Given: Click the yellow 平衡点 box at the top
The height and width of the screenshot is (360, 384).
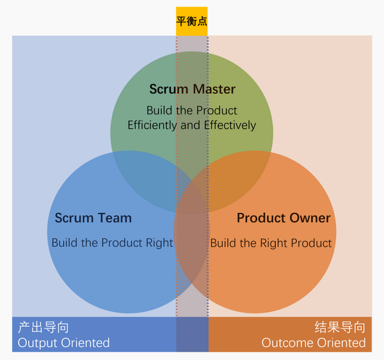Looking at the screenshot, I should (192, 21).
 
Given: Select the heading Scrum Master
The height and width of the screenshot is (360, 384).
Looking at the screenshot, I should (192, 90).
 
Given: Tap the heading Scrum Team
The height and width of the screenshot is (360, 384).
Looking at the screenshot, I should (93, 218).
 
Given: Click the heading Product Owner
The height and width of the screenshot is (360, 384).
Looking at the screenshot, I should (284, 218).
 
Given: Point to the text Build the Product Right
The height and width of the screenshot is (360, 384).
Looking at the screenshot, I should (112, 243).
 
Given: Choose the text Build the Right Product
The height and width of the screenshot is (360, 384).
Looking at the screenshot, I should (271, 243).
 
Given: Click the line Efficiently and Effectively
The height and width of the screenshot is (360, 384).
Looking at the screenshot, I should (191, 125).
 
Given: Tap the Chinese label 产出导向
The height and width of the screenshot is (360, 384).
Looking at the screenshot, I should (43, 328).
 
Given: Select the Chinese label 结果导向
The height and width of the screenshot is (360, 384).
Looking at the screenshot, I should (340, 328).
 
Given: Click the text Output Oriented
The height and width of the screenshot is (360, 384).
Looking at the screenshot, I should (63, 343).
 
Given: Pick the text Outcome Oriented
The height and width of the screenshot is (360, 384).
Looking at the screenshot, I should (314, 343).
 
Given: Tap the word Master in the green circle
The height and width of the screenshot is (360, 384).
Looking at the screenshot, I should (214, 90).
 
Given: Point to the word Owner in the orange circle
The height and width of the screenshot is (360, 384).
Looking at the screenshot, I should (310, 218).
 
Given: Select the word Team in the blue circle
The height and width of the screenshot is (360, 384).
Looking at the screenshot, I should (115, 218).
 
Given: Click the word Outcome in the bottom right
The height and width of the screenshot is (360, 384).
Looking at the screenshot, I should (286, 343).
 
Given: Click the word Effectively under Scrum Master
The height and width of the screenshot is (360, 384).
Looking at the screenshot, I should (230, 125).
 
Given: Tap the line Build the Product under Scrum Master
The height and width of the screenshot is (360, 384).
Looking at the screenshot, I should (191, 110).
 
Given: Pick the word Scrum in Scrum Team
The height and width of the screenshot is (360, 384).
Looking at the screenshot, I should (74, 218).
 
